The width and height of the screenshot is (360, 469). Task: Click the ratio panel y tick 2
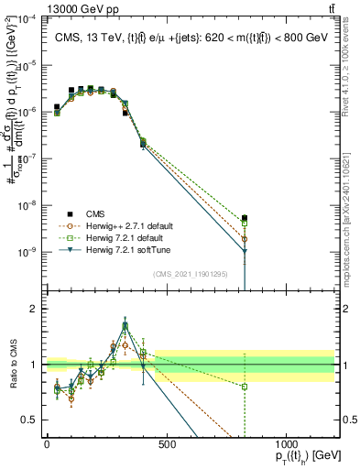[x=36, y=309]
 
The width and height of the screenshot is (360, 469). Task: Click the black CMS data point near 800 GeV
[x=245, y=218]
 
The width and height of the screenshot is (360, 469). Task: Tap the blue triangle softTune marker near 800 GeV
[x=245, y=251]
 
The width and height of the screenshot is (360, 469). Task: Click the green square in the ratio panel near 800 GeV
[x=245, y=387]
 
